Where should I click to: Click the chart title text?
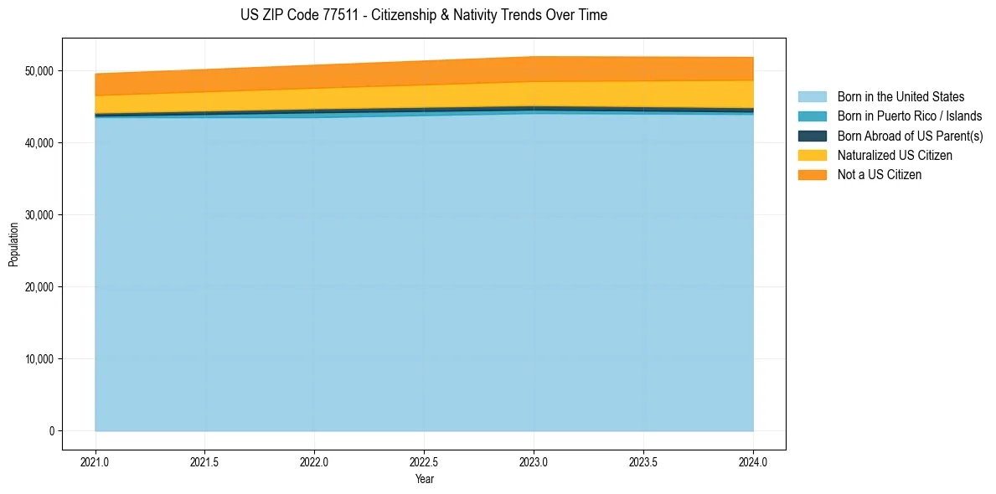423,15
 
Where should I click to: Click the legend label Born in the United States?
901,97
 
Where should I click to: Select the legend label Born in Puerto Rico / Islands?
910,116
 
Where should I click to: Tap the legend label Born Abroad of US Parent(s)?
910,136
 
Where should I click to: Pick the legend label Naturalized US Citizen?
895,155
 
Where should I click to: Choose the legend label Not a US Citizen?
880,174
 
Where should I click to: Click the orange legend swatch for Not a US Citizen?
812,174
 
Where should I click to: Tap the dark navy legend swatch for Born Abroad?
812,136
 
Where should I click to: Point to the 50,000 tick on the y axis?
39,71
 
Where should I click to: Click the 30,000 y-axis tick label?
39,215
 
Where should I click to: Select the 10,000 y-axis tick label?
39,359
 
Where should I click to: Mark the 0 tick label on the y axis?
51,431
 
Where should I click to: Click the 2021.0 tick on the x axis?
95,461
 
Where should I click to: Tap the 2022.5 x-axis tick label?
424,461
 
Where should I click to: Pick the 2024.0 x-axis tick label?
753,461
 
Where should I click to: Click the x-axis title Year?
424,479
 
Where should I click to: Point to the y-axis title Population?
13,244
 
